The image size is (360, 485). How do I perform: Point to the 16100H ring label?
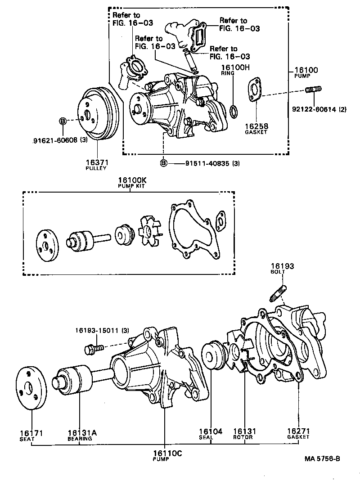(234, 69)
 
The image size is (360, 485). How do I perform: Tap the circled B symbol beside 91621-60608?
(63, 121)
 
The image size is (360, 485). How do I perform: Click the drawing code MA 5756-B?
(321, 459)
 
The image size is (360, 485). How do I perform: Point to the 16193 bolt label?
(282, 269)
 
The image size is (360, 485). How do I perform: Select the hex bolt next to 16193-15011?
(94, 348)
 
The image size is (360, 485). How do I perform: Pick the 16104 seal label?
(211, 433)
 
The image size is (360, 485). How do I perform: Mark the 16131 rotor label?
(243, 433)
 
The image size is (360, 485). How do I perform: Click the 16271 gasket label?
(298, 433)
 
